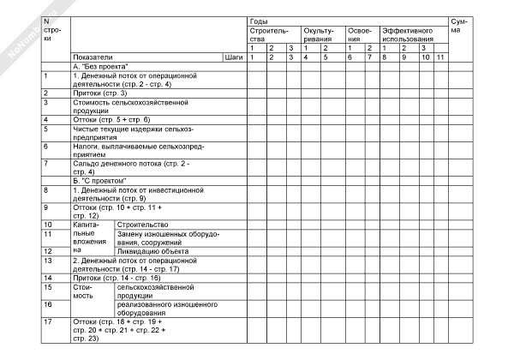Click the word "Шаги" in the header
click(x=233, y=57)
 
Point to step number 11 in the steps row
click(x=439, y=57)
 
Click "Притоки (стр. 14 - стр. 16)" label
click(x=117, y=278)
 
